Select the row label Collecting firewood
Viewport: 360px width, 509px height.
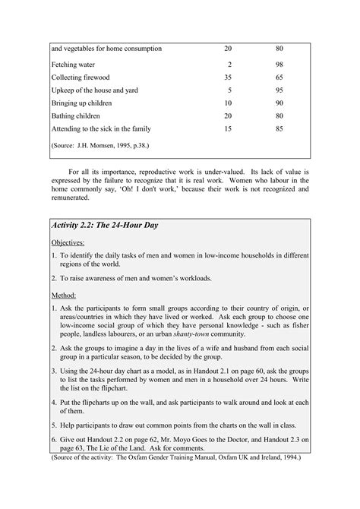[81, 77]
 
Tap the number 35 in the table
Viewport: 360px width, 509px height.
[229, 77]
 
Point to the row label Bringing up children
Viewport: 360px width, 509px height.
[82, 103]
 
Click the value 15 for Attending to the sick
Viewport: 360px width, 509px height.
[229, 128]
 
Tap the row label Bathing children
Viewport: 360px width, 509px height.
[76, 115]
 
